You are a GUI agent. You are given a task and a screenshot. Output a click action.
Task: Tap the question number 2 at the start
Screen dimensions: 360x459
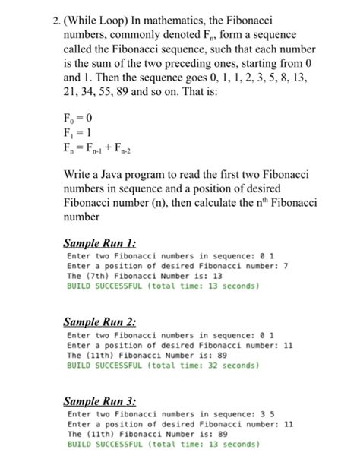(47, 15)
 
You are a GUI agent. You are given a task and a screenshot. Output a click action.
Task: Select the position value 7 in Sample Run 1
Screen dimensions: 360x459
(286, 265)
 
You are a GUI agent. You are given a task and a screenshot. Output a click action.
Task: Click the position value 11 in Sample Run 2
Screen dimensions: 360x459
(288, 344)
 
